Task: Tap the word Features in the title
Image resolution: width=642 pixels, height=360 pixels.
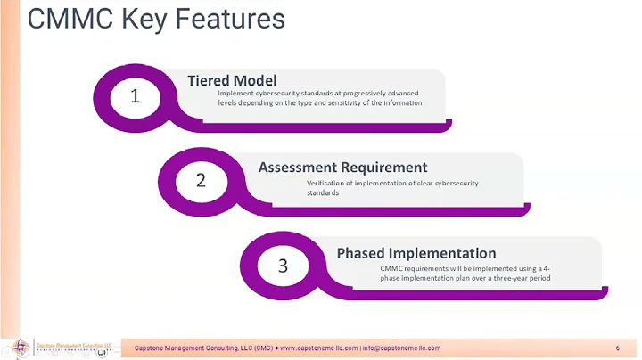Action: click(233, 20)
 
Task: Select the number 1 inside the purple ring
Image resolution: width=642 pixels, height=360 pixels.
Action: click(135, 96)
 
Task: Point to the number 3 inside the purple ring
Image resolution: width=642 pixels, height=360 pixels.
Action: click(283, 266)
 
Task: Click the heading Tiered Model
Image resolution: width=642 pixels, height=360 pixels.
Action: click(232, 80)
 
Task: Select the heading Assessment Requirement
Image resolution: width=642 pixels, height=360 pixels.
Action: click(342, 167)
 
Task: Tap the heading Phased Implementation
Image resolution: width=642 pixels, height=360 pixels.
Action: click(416, 253)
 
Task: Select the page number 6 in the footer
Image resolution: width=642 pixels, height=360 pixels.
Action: click(617, 348)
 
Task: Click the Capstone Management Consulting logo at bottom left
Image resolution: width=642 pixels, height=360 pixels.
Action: click(58, 348)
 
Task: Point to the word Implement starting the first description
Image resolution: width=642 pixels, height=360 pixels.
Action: click(235, 94)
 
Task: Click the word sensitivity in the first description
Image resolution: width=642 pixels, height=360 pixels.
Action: click(344, 102)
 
